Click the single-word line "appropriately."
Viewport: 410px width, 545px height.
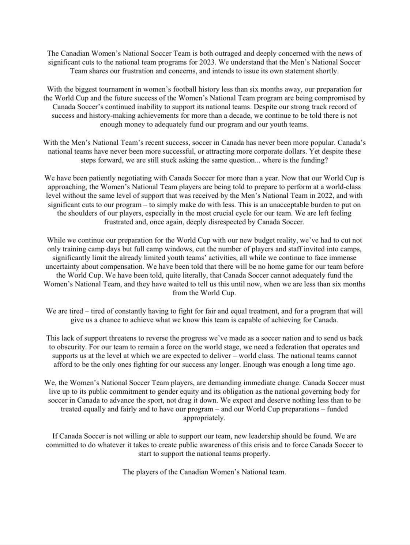pos(204,418)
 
